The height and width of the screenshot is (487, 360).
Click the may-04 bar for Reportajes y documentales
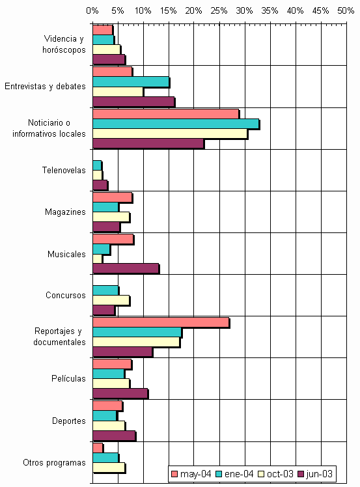pos(161,323)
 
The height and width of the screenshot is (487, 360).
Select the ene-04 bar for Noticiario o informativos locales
pos(176,124)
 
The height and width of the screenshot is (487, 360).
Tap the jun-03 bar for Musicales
pos(126,269)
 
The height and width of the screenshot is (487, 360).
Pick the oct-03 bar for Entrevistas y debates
pos(118,92)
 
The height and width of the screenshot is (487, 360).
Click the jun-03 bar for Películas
pos(120,394)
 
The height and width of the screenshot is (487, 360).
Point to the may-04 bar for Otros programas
pos(98,448)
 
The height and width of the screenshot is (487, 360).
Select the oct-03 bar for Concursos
pos(111,301)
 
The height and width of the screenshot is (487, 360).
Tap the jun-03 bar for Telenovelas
pos(100,186)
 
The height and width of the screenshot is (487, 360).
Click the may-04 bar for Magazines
pos(113,197)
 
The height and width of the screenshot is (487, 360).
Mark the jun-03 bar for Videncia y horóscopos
pos(109,60)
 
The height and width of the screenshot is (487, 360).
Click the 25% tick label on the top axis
pos(219,11)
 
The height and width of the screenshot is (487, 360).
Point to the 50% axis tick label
pos(346,11)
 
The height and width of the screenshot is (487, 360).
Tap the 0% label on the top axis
pos(92,11)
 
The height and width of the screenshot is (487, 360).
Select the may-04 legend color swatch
pos(174,474)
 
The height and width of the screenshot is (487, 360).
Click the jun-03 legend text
pos(319,474)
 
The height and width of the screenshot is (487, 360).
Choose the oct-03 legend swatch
pos(261,474)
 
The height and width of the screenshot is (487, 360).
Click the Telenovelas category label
pos(64,170)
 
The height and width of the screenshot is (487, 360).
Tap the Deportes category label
pos(68,421)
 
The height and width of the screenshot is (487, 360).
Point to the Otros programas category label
pos(54,463)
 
